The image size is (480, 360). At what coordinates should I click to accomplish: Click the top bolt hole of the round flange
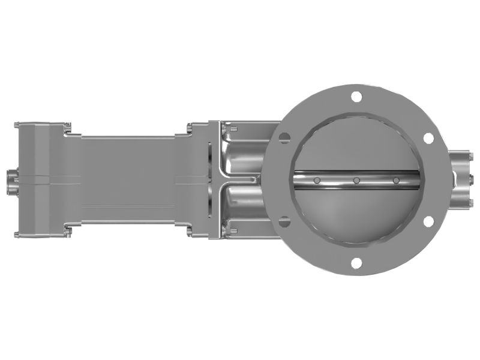[356, 96]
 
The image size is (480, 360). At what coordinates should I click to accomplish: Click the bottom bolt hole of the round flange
[356, 262]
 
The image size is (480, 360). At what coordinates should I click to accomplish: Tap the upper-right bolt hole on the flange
[428, 137]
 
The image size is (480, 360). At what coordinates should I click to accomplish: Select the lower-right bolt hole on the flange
[428, 221]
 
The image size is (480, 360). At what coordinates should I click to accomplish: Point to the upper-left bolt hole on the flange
[284, 137]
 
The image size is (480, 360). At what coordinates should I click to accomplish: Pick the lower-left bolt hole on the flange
[284, 221]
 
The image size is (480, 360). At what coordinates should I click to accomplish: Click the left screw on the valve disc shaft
[317, 180]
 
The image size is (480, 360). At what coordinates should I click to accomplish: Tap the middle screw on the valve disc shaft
[356, 180]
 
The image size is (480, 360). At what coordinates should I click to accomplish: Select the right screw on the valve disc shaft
[396, 180]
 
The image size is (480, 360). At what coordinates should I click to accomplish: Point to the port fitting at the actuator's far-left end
[10, 178]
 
